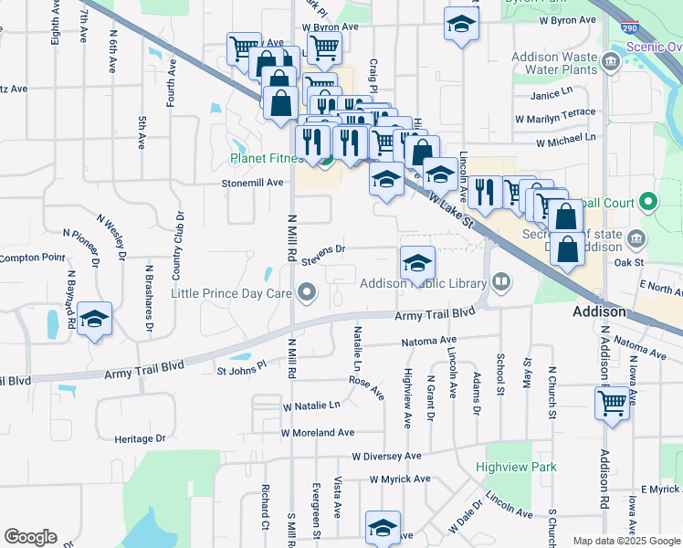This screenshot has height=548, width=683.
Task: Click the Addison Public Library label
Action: [x=423, y=283]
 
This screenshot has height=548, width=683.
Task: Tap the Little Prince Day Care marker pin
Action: [x=307, y=293]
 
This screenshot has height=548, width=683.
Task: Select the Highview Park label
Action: [x=516, y=467]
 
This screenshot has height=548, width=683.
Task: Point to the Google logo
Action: [x=31, y=537]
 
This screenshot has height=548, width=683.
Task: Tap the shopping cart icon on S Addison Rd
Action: [x=612, y=403]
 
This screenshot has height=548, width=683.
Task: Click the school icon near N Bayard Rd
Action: [x=94, y=320]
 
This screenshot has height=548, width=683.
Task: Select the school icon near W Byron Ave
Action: [x=462, y=25]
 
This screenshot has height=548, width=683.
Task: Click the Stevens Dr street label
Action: [x=324, y=248]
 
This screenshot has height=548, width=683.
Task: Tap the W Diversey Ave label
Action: [x=387, y=456]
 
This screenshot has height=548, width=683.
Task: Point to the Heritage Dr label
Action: [x=141, y=438]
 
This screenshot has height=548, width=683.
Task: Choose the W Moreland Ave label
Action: [x=318, y=432]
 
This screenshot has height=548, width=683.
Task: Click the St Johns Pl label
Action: [x=241, y=371]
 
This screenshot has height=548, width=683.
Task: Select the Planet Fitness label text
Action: [x=266, y=158]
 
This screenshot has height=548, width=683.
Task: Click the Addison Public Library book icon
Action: [x=500, y=281]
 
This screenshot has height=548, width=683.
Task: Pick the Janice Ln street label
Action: [x=552, y=94]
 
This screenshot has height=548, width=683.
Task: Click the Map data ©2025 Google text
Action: [x=625, y=541]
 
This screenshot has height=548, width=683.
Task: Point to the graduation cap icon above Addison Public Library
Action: [x=416, y=263]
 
